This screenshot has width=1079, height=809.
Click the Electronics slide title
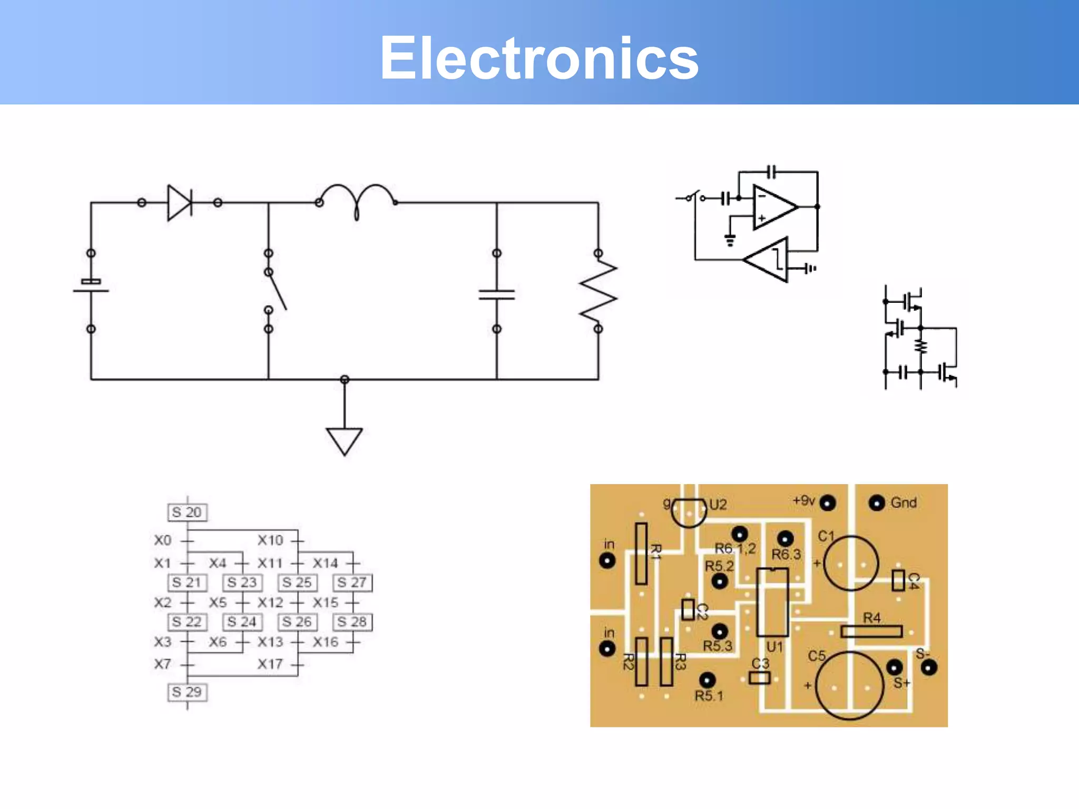point(539,58)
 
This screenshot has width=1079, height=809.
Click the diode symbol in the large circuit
point(180,202)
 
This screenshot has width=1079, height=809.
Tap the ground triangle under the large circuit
point(344,440)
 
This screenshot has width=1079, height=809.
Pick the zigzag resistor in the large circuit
point(598,291)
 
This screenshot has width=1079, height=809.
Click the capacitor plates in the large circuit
point(496,294)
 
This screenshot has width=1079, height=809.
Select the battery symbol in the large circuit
point(91,286)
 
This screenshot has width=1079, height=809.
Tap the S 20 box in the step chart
point(187,512)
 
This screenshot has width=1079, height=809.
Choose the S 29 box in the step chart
point(187,692)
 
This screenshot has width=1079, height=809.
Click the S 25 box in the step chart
point(297,583)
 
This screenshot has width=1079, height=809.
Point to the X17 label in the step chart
point(270,664)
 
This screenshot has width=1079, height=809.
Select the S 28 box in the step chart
point(352,622)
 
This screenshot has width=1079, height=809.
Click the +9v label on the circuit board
point(804,500)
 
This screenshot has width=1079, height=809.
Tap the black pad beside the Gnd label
point(877,504)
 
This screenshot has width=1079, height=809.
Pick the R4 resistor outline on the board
point(871,631)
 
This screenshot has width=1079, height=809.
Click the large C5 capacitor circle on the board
point(849,685)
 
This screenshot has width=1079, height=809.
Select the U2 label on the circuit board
point(718,505)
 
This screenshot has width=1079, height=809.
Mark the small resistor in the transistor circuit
point(920,346)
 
